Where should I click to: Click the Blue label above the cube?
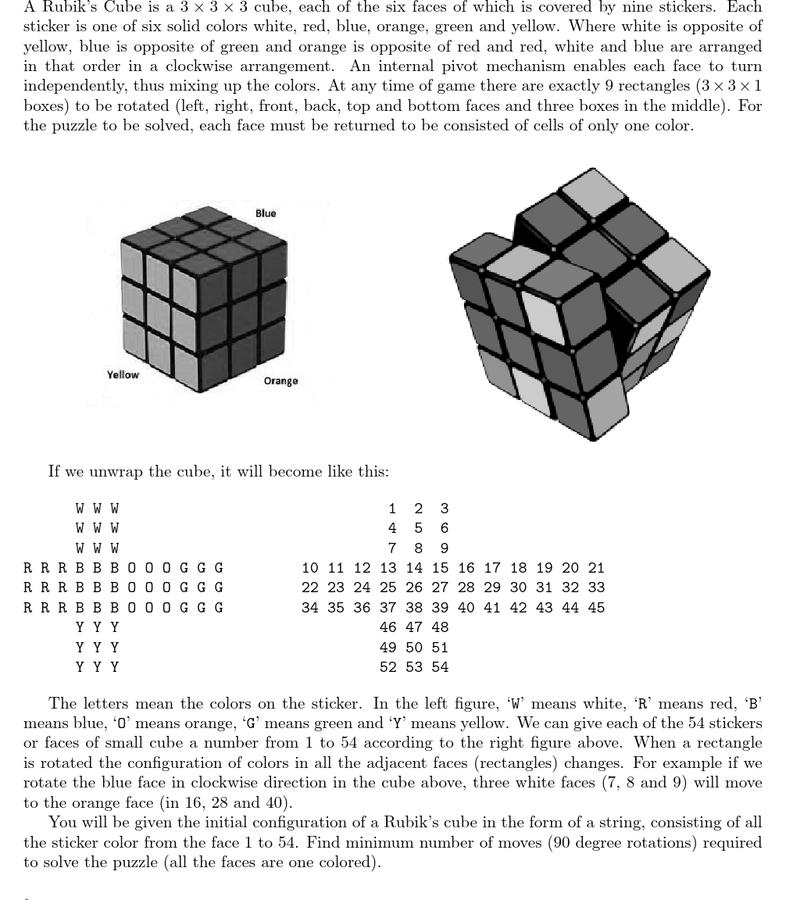(x=266, y=213)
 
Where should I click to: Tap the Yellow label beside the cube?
(x=123, y=375)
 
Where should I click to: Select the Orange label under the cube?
(x=280, y=381)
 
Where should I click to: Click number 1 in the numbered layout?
(x=392, y=509)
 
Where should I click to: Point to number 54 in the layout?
(x=440, y=667)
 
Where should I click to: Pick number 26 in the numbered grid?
(x=414, y=587)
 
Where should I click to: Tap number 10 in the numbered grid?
(x=309, y=568)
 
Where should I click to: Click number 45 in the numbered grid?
(x=596, y=608)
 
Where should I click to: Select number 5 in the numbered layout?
(x=418, y=528)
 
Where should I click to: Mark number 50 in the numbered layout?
(x=414, y=648)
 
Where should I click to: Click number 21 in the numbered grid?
(x=596, y=568)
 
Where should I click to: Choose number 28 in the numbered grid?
(x=466, y=587)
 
